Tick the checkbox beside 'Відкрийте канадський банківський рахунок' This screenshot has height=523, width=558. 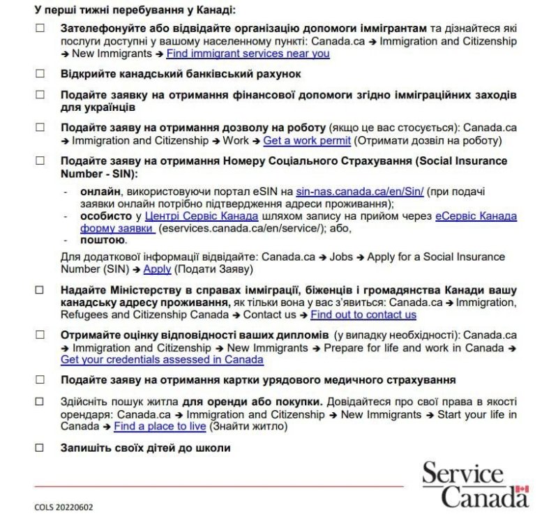tap(40, 74)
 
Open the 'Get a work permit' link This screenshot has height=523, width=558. tap(306, 141)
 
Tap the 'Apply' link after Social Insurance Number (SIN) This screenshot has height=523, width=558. tap(157, 269)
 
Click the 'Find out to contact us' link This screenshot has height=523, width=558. tap(363, 314)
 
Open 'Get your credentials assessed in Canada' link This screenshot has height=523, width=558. tap(162, 360)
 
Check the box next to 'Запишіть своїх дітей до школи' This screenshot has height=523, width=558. tap(40, 448)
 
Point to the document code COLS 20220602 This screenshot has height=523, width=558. tap(63, 508)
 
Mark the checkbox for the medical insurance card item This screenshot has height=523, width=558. tap(40, 380)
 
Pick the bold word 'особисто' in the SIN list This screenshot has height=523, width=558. tap(105, 216)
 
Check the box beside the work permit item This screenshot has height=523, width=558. tap(40, 128)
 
